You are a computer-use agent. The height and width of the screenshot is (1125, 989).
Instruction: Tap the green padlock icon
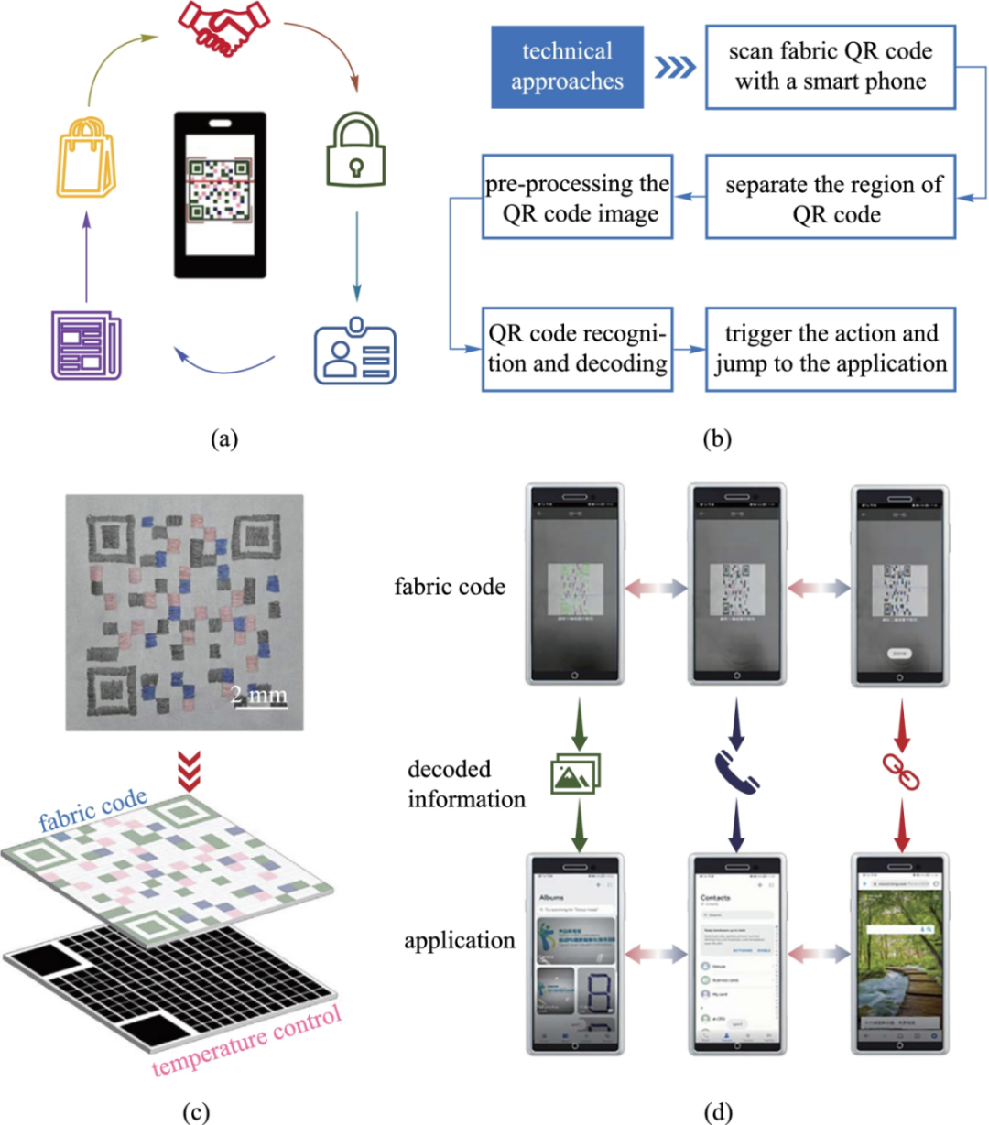tap(356, 152)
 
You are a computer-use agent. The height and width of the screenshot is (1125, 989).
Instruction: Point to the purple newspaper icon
tap(85, 345)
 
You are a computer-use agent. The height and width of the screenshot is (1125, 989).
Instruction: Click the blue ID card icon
tap(355, 352)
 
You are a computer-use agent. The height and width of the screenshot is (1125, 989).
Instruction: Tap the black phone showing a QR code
tap(220, 195)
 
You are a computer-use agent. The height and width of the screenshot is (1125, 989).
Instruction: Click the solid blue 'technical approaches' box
tap(567, 67)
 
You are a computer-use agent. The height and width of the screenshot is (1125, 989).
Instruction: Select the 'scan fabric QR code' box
tap(831, 67)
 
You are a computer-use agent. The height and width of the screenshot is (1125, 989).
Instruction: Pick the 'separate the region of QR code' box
tap(831, 200)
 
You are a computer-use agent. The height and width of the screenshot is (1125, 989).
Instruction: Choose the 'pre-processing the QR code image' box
tap(578, 198)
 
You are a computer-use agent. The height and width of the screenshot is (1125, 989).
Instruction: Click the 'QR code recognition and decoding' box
tap(578, 349)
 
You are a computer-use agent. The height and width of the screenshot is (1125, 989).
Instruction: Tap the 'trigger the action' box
tap(831, 349)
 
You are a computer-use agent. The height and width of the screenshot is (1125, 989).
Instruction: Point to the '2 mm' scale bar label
tap(258, 695)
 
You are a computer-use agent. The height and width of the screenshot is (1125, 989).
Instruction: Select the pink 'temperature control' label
tap(247, 1040)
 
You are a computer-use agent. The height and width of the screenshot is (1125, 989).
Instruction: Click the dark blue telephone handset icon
tap(736, 772)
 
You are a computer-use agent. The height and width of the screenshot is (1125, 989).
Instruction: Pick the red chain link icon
tap(900, 772)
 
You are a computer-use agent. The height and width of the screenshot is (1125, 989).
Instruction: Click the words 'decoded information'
tap(466, 784)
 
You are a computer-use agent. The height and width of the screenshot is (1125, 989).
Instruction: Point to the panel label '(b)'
tap(717, 439)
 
